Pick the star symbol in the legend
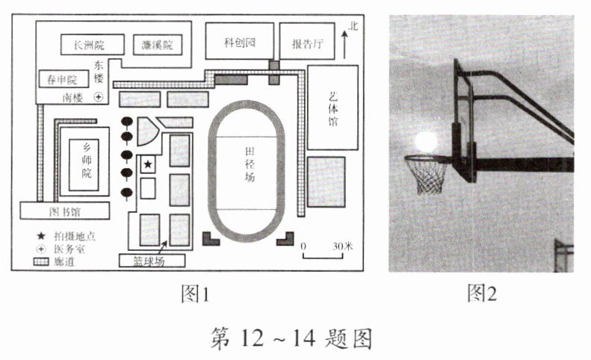click(x=38, y=235)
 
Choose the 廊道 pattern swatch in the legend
click(x=40, y=261)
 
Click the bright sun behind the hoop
click(x=425, y=142)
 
